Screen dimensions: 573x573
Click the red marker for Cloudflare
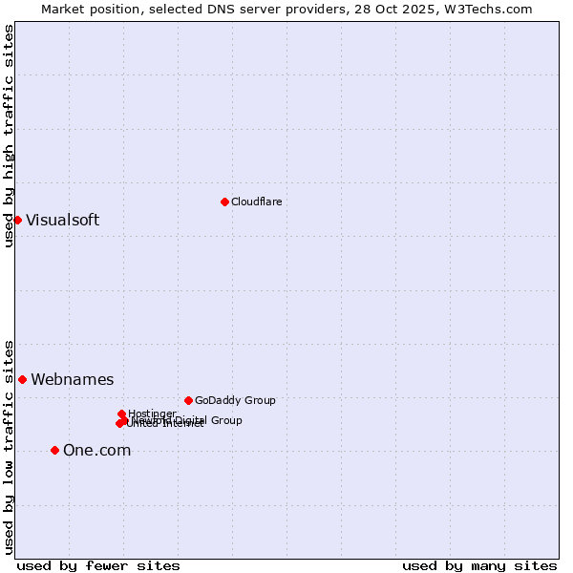point(224,202)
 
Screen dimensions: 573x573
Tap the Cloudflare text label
point(256,202)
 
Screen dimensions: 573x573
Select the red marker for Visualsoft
point(17,220)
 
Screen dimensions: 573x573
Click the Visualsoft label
point(62,220)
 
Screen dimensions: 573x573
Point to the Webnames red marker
point(22,379)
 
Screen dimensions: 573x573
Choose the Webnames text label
point(72,379)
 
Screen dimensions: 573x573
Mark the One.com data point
point(54,450)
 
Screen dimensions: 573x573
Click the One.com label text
point(96,450)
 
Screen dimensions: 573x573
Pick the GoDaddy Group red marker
point(188,400)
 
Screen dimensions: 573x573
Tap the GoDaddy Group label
point(234,400)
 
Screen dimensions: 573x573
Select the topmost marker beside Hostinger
point(121,414)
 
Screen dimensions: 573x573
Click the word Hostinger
point(152,414)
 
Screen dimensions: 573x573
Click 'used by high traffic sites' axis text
point(9,136)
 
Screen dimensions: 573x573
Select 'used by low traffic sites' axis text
point(9,446)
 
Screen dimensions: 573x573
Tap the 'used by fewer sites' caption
point(98,565)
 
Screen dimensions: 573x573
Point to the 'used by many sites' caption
point(478,565)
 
